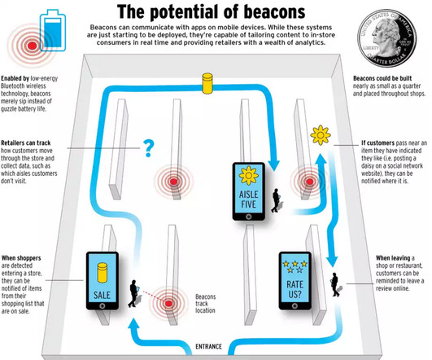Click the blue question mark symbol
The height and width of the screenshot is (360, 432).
coord(149,148)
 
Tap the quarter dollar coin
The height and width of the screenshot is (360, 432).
coord(386,38)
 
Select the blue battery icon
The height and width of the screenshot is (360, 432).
coord(53,30)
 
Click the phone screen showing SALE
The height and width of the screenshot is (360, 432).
coord(103,278)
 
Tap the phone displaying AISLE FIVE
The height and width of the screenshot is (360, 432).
coord(249,191)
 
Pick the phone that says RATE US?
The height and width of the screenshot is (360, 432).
coord(295,280)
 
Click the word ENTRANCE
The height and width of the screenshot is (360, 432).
coord(208,346)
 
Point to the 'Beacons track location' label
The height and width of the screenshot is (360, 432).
coord(205,304)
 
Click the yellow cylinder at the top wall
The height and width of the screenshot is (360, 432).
coord(207,83)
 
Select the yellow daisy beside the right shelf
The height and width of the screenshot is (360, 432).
coord(321,135)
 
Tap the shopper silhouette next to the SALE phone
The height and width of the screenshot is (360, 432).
coord(133,293)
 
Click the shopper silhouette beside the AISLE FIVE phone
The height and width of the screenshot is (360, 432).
coord(276,200)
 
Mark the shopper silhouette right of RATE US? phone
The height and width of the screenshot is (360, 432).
coord(335,284)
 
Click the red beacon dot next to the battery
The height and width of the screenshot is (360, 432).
coord(33,46)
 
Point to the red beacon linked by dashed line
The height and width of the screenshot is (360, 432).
coord(168,304)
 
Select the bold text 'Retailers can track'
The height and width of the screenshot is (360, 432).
coord(26,143)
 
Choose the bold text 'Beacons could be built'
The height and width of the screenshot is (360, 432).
coord(382,78)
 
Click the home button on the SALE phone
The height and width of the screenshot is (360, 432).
coord(103,306)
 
